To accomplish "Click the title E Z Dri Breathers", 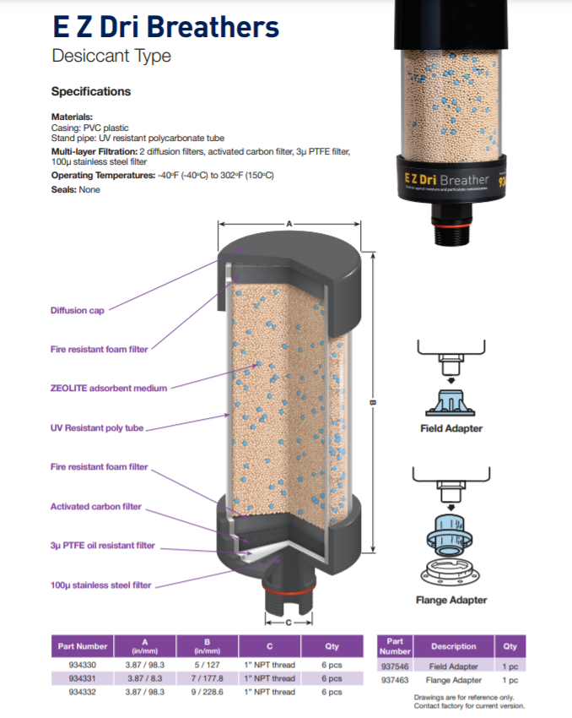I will pyautogui.click(x=165, y=27).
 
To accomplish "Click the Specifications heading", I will pyautogui.click(x=91, y=91).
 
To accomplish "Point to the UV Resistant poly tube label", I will pyautogui.click(x=97, y=428).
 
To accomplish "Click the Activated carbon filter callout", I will pyautogui.click(x=96, y=507).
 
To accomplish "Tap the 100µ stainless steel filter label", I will pyautogui.click(x=101, y=585).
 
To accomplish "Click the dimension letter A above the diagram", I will pyautogui.click(x=289, y=225).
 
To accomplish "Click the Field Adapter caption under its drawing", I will pyautogui.click(x=451, y=428).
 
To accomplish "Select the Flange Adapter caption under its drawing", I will pyautogui.click(x=451, y=601).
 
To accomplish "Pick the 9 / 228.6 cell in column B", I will pyautogui.click(x=207, y=692).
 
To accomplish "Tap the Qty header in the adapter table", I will pyautogui.click(x=510, y=646).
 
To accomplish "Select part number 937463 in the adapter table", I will pyautogui.click(x=395, y=680).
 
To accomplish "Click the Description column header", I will pyautogui.click(x=454, y=646).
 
